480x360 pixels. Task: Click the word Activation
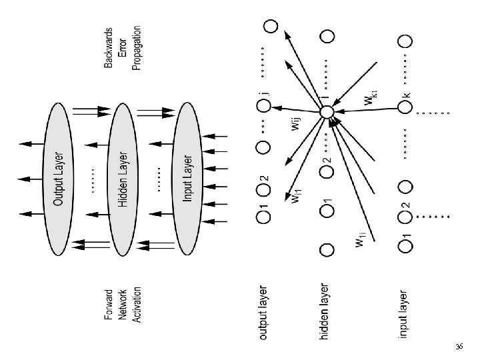[x=137, y=305]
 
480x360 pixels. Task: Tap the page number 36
[x=459, y=347]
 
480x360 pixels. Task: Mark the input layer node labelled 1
[x=404, y=246]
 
